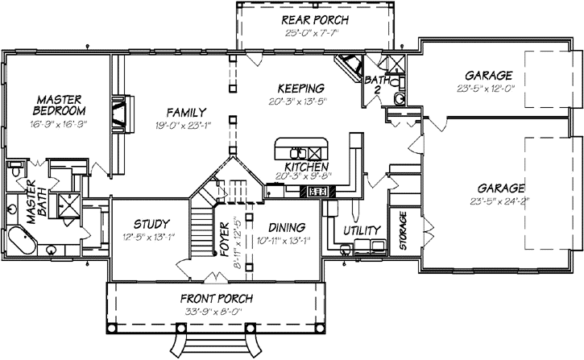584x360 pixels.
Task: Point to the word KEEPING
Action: click(x=300, y=88)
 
